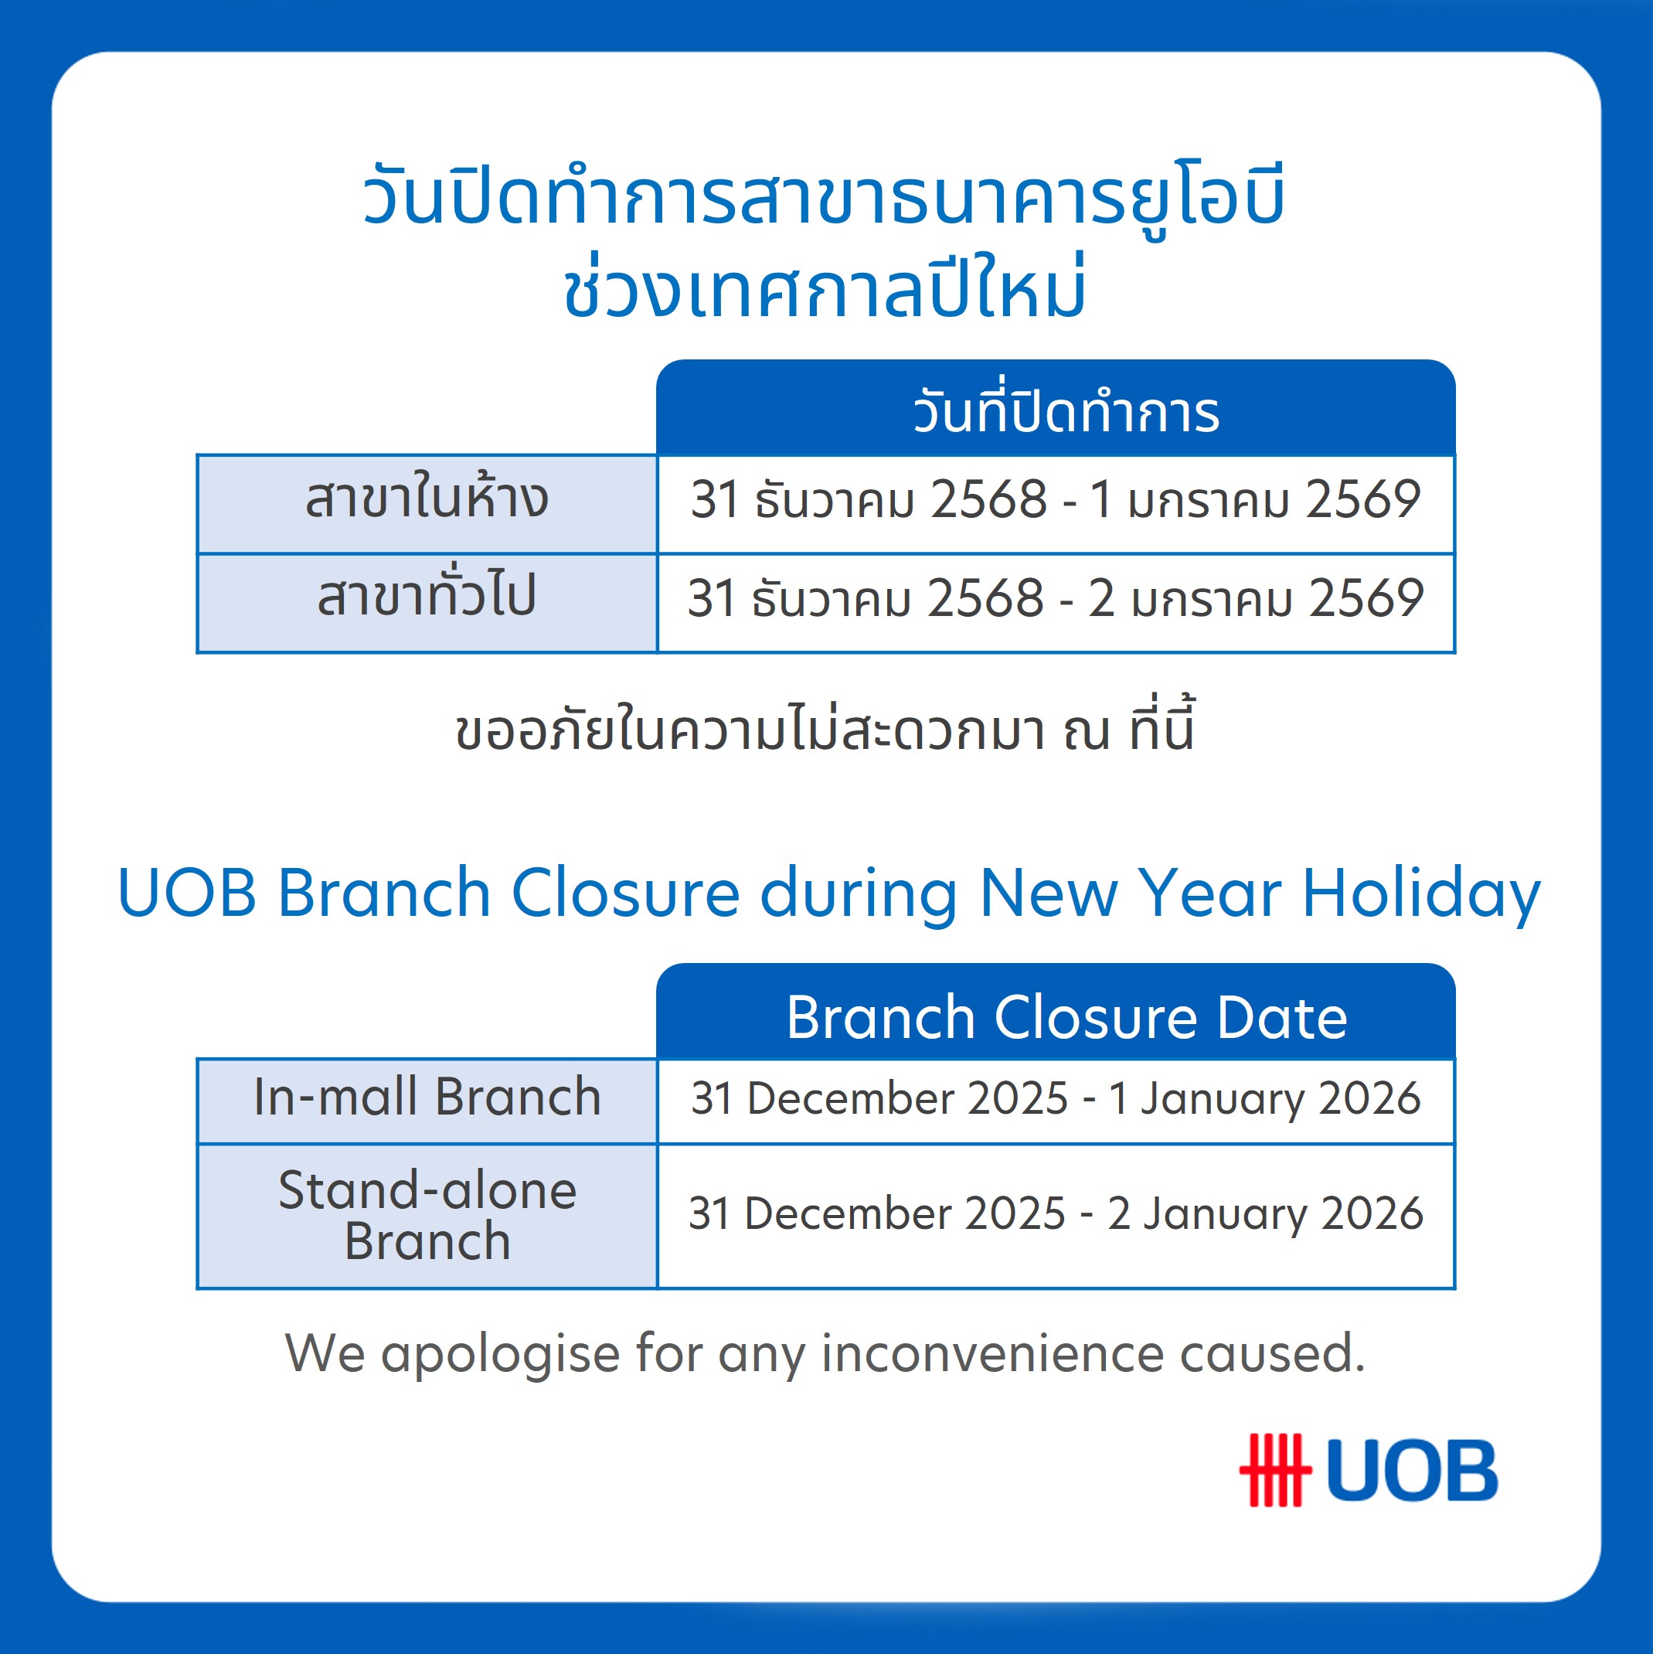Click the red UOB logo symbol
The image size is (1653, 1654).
tap(1274, 1470)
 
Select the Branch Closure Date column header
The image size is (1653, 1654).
tap(1066, 1017)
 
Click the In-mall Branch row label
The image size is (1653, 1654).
tap(427, 1098)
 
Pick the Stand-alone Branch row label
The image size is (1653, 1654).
tap(427, 1216)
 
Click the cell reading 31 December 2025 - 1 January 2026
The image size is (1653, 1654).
tap(1055, 1098)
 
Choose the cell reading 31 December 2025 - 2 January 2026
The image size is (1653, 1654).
tap(1055, 1214)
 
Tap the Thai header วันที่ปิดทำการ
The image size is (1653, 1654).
tap(1066, 413)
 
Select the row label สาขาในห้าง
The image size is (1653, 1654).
tap(427, 499)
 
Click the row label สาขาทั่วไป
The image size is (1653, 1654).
tap(427, 597)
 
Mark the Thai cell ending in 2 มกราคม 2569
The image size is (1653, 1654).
tap(1055, 597)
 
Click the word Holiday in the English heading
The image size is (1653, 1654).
tap(1420, 893)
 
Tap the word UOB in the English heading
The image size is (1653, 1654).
tap(186, 893)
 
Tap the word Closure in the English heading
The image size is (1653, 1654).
tap(625, 893)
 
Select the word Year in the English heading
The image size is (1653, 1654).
tap(1209, 893)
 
